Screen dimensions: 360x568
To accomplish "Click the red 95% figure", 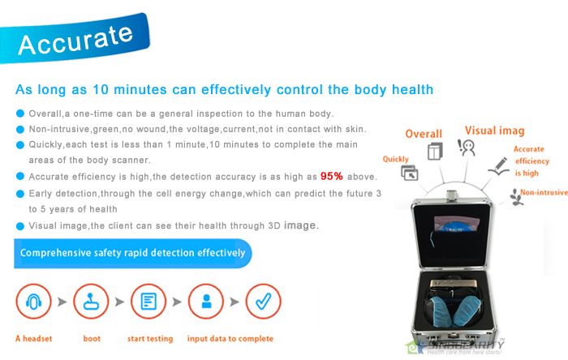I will point(333,176).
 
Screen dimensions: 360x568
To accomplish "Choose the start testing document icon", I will point(148,302).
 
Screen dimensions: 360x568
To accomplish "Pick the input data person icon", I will point(206,302).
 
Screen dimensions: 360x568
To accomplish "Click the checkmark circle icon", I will point(264,302).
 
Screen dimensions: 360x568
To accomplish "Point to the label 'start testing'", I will point(149,339).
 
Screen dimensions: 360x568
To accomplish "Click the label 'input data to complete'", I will point(230,339).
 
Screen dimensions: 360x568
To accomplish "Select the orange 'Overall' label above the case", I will point(424,134).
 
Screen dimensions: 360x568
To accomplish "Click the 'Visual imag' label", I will point(494,131).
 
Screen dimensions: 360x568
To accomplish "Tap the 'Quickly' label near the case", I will point(396,160).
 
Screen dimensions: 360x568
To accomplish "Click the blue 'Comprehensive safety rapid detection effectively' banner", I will point(133,253).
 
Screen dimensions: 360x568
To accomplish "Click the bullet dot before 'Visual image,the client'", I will point(20,225).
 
